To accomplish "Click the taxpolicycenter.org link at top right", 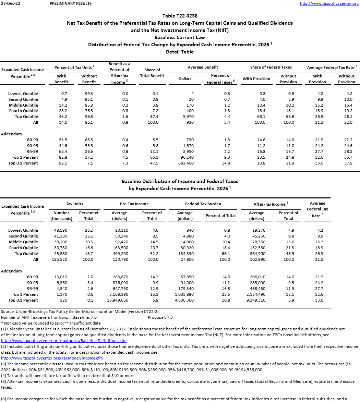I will [329, 3].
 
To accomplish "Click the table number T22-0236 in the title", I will [180, 16].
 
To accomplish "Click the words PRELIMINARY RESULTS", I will [71, 3].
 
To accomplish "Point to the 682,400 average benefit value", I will [185, 163].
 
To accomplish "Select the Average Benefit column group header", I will [203, 67].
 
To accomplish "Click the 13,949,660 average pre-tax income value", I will [119, 300].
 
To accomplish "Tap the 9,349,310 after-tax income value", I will [256, 300].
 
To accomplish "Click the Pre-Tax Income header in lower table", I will [134, 204].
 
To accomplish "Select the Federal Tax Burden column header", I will [203, 204].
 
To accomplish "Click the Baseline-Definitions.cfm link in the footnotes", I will [64, 341].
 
